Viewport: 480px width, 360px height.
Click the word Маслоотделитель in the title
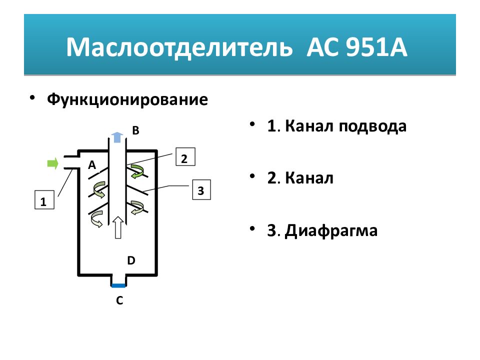coord(179,47)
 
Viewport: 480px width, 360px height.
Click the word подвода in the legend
coord(372,126)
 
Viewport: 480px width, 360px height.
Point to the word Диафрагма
coord(331,230)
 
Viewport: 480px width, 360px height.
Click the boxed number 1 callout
coord(44,200)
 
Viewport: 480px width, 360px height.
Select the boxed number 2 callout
coord(185,156)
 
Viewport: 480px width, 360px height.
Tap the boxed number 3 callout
coord(201,190)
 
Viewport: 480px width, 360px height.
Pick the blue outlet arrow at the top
coord(117,137)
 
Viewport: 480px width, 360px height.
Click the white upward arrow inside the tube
coord(118,227)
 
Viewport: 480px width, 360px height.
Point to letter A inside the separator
coord(92,165)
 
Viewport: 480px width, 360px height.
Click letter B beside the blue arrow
coord(135,130)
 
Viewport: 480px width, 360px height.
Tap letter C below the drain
coord(119,300)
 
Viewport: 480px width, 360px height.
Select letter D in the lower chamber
coord(131,260)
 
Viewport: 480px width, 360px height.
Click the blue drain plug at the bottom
coord(118,286)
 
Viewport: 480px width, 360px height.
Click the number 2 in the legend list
coord(271,178)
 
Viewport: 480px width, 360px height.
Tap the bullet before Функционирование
coord(32,98)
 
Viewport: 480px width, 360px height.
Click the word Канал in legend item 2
coord(309,178)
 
